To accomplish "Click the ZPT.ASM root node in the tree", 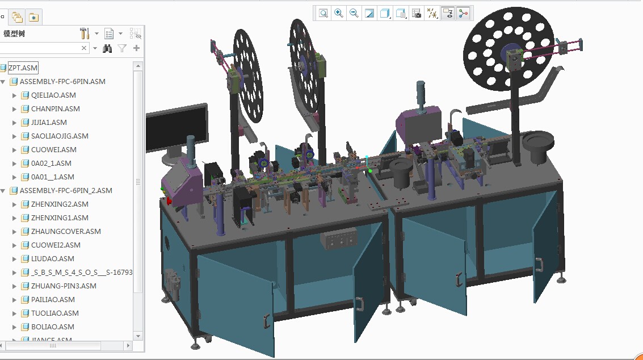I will (23, 68).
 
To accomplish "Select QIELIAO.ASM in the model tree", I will (53, 95).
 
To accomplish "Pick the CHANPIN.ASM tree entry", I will (55, 109).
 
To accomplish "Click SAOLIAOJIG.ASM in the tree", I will (60, 136).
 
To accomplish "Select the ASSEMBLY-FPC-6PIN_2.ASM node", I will (66, 191).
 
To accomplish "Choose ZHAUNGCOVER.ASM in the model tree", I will (66, 232).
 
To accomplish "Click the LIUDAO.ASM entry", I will (52, 259).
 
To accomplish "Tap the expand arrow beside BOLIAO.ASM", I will (15, 327).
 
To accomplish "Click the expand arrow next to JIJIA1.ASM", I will (15, 123).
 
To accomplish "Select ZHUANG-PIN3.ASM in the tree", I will (64, 286).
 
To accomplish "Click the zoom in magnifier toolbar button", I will (339, 13).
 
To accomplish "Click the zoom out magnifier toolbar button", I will (354, 13).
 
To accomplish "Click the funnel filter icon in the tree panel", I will (122, 49).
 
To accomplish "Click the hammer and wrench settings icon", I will (85, 34).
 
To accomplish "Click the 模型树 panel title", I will (14, 34).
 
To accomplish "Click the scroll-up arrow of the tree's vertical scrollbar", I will (138, 66).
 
